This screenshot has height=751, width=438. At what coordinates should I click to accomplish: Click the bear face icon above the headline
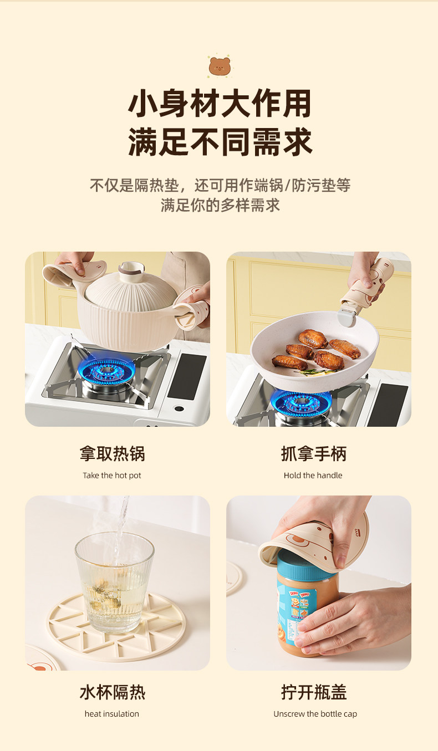[220, 66]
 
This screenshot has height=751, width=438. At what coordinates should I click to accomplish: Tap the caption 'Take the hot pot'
[111, 475]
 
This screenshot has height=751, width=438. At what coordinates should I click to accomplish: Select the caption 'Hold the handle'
[313, 475]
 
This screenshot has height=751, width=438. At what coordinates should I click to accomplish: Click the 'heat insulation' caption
[111, 714]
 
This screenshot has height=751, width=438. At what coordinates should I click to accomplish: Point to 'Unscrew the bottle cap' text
[315, 714]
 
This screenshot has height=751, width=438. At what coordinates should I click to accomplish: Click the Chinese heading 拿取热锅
[112, 453]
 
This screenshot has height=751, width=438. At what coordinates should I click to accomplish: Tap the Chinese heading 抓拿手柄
[314, 453]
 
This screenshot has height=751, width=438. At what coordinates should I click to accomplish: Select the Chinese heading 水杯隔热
[112, 692]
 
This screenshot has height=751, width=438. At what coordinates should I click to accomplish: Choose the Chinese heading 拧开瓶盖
[314, 692]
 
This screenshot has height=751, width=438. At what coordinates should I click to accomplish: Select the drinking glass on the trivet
[114, 583]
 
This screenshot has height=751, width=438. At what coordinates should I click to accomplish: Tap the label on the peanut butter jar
[294, 613]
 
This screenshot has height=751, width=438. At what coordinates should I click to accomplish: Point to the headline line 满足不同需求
[220, 142]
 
